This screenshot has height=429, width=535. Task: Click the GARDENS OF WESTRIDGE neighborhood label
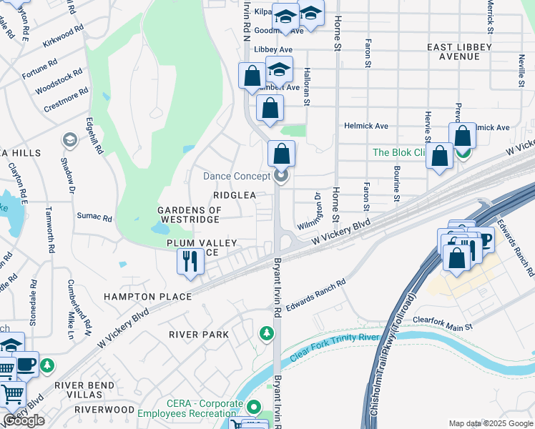click(x=190, y=214)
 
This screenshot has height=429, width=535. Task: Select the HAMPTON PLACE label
click(x=147, y=296)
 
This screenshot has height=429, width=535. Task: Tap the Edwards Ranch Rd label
click(x=315, y=295)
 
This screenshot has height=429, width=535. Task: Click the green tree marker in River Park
click(x=266, y=333)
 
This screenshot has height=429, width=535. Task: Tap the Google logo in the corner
click(x=24, y=420)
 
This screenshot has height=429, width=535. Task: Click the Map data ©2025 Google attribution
click(x=490, y=423)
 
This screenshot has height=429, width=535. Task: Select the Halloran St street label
click(x=306, y=87)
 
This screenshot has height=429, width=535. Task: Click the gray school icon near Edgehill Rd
click(x=69, y=139)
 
